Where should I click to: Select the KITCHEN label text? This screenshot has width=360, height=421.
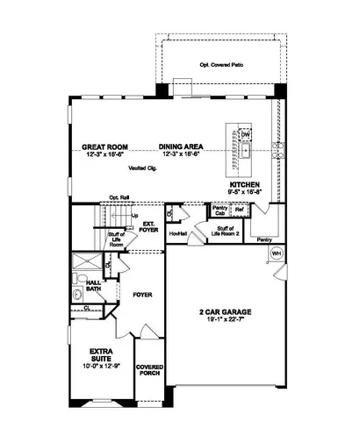(244, 186)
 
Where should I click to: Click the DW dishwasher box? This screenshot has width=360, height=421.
(246, 133)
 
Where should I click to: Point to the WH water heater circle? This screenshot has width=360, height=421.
(277, 253)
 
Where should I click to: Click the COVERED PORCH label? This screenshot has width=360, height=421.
(150, 373)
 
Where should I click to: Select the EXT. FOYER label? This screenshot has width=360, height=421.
(149, 226)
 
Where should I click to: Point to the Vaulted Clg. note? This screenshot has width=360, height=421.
(140, 166)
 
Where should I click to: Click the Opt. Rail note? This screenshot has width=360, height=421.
(119, 197)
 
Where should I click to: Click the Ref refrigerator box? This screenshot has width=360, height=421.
(238, 210)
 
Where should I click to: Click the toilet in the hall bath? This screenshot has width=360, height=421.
(77, 282)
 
